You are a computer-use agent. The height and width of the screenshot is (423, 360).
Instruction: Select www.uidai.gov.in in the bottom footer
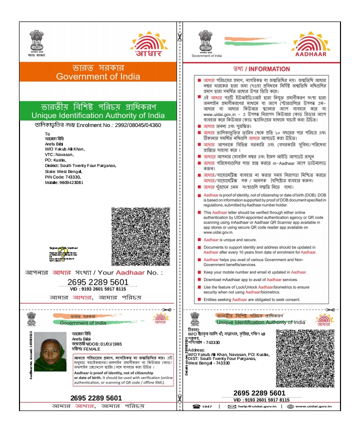[313, 406]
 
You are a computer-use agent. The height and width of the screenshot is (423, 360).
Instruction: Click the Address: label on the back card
[197, 350]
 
